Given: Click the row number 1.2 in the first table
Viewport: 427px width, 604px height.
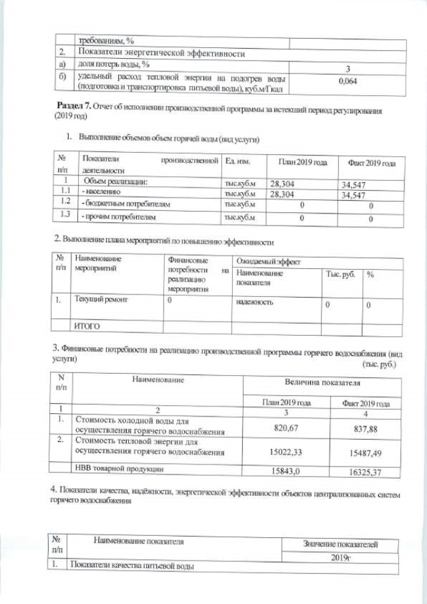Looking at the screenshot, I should pos(65,202).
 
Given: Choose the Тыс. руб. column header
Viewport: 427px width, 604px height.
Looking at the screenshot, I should pos(340,274).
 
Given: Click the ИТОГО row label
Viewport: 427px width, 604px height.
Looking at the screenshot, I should pos(87,326).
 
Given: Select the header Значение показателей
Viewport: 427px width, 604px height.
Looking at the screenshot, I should pos(340,545).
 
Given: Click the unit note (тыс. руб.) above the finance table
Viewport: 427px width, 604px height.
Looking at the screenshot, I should pos(379,364).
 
